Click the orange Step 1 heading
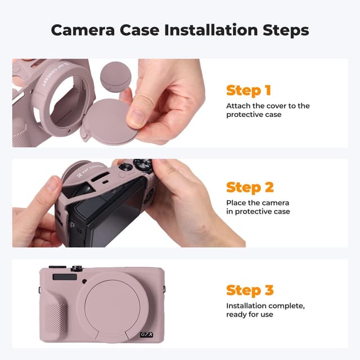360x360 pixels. pyautogui.click(x=249, y=90)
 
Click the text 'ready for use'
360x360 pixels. pyautogui.click(x=249, y=314)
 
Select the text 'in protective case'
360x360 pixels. pyautogui.click(x=258, y=211)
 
